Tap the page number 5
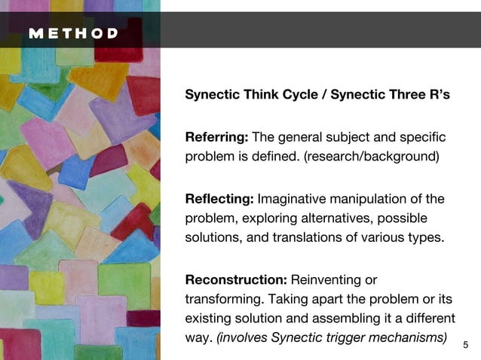point(465,345)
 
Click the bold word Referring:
point(216,137)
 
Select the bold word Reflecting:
point(220,199)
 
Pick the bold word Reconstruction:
point(236,280)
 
